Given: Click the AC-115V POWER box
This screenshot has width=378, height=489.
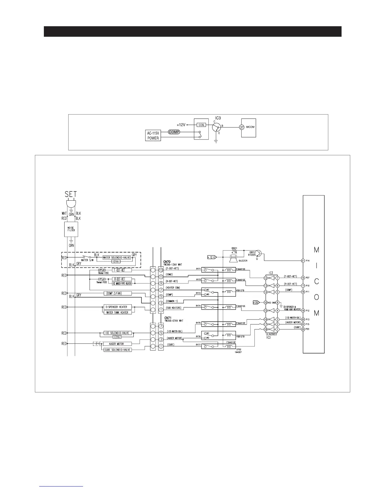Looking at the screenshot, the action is point(153,136).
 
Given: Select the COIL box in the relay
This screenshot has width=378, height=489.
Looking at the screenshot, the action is point(202,125).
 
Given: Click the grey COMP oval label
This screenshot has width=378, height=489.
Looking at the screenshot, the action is point(174,132).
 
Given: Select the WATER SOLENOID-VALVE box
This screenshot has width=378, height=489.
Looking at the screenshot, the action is point(115,258).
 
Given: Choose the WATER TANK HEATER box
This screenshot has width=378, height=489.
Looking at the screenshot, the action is point(117,312).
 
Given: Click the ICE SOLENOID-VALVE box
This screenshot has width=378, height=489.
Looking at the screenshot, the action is point(116,333).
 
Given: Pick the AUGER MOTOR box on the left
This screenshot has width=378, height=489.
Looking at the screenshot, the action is point(116,344).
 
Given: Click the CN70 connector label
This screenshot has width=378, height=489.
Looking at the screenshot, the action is point(167,261).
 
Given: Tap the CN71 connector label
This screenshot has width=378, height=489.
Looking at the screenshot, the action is point(168,318).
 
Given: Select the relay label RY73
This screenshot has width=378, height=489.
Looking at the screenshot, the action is point(198,293).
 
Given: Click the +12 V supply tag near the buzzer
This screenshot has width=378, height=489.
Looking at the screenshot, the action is point(212,257).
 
